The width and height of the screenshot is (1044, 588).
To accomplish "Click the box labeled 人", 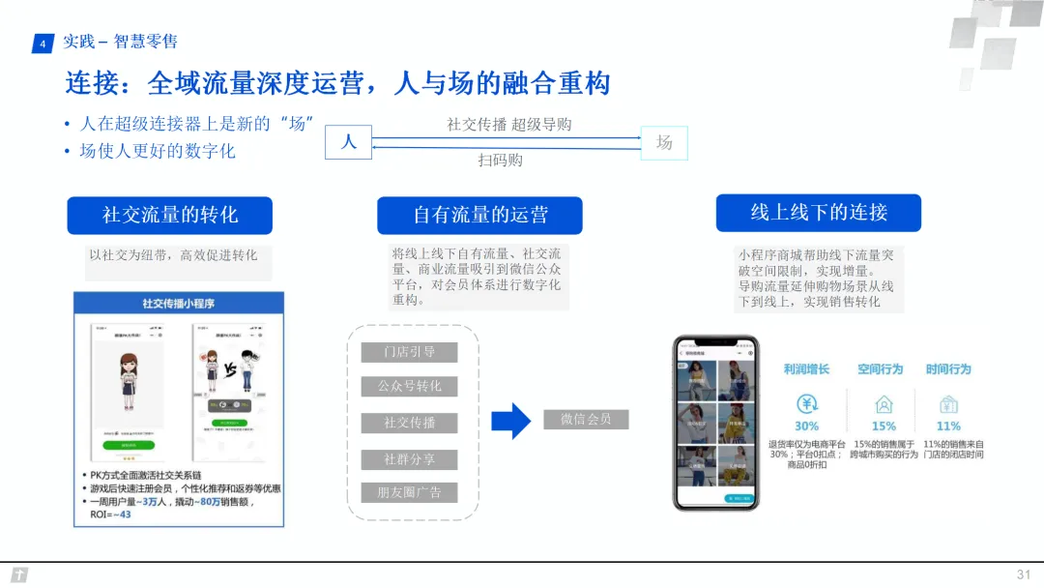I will pyautogui.click(x=349, y=142).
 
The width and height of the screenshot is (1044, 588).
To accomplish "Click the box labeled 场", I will pyautogui.click(x=664, y=142).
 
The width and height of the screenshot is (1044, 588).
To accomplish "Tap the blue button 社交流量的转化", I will pyautogui.click(x=170, y=215).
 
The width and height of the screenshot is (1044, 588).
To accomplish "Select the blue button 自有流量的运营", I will pyautogui.click(x=480, y=216).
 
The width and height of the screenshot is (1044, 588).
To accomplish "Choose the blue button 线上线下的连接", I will pyautogui.click(x=818, y=213).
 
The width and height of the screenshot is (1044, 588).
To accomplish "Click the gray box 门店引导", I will pyautogui.click(x=409, y=352).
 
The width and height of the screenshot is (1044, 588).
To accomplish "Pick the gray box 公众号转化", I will pyautogui.click(x=409, y=387).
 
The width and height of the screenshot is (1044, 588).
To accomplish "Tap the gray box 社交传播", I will pyautogui.click(x=409, y=423).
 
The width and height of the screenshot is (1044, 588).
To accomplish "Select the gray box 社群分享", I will pyautogui.click(x=409, y=459).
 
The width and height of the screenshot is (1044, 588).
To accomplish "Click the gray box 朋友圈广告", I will pyautogui.click(x=409, y=493).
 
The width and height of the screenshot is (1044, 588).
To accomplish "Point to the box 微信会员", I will pyautogui.click(x=586, y=419).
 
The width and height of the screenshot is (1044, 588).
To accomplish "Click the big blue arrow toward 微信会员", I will pyautogui.click(x=511, y=421).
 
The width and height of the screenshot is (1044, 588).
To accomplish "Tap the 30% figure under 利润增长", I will pyautogui.click(x=806, y=426).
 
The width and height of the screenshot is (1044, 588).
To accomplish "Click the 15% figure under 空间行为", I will pyautogui.click(x=884, y=426).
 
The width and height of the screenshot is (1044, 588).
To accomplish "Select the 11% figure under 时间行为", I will pyautogui.click(x=948, y=426).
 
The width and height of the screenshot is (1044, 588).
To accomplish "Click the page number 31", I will pyautogui.click(x=1024, y=574).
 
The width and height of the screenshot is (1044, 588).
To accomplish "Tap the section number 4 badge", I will pyautogui.click(x=43, y=44).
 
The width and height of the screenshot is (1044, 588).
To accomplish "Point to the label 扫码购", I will pyautogui.click(x=501, y=161).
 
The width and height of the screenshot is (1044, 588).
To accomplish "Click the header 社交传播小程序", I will pyautogui.click(x=179, y=304).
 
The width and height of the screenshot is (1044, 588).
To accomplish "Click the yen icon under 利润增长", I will pyautogui.click(x=807, y=404).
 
